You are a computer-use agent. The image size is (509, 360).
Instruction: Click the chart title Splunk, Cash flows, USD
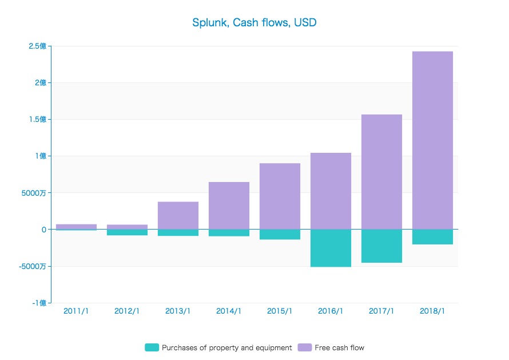[254, 23]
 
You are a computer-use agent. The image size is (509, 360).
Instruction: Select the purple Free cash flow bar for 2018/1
[432, 140]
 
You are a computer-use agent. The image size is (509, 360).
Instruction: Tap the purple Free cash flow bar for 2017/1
[381, 172]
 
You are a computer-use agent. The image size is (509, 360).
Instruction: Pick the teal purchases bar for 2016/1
[331, 248]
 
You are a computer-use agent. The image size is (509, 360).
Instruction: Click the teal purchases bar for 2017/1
[381, 246]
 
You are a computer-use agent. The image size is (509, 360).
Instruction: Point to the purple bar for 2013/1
[178, 215]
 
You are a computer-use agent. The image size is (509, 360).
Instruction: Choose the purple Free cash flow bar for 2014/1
[229, 205]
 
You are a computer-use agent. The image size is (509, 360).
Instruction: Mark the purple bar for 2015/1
[280, 196]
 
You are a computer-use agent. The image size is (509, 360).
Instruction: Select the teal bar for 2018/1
[432, 237]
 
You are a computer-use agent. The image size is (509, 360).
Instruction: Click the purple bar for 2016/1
[331, 191]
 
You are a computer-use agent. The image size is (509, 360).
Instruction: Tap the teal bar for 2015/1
[280, 235]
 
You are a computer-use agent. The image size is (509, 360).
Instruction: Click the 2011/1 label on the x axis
[76, 311]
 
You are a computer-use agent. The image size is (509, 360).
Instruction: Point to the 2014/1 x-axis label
[229, 311]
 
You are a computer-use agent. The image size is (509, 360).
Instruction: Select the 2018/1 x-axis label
[432, 311]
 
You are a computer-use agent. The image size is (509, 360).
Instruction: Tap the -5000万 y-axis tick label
[34, 266]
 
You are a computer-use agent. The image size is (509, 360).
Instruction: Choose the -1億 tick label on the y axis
[40, 303]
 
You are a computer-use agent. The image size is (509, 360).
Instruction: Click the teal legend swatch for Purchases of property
[152, 347]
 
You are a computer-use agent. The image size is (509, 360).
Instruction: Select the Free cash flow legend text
[339, 347]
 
